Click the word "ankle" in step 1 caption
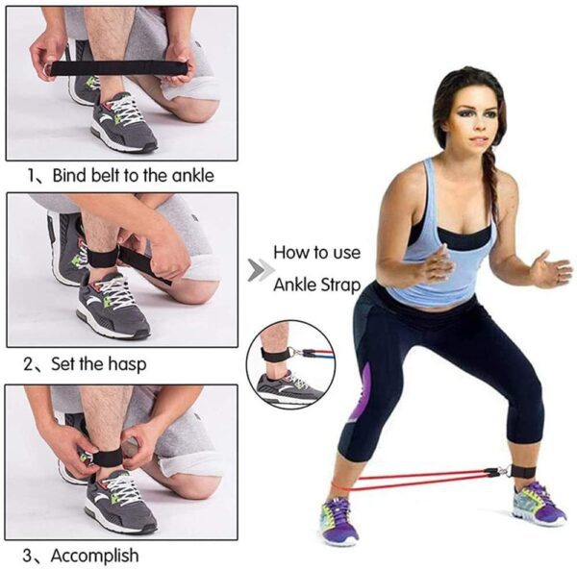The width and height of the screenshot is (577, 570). (x=191, y=175)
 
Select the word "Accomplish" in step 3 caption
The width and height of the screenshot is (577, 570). (x=94, y=555)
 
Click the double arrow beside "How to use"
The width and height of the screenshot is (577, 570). (x=257, y=270)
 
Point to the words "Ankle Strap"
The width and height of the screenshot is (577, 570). (x=317, y=285)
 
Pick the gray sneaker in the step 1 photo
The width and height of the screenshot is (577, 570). (x=123, y=123)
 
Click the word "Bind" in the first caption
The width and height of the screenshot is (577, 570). (x=70, y=175)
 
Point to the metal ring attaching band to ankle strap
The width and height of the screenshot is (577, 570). (x=501, y=471)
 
